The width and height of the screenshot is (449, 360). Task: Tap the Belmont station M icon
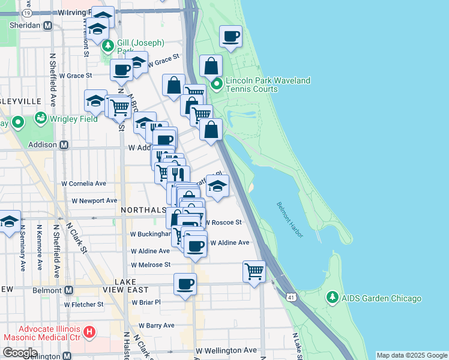click(68, 290)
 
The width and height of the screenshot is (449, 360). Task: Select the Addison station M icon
click(64, 145)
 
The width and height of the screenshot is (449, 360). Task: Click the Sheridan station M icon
click(48, 25)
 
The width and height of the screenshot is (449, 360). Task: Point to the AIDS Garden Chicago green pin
click(333, 298)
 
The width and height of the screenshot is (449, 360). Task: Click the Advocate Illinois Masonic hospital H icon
click(89, 331)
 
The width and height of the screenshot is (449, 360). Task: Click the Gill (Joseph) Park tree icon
click(108, 46)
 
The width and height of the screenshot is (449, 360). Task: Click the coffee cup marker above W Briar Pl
click(185, 283)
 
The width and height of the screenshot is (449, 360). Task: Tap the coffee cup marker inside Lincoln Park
click(230, 36)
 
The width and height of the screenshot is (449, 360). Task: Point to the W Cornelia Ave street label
click(84, 184)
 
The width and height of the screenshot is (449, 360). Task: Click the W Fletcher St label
click(83, 304)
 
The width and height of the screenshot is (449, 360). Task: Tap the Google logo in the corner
click(20, 353)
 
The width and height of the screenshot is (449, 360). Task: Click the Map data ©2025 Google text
click(412, 355)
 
